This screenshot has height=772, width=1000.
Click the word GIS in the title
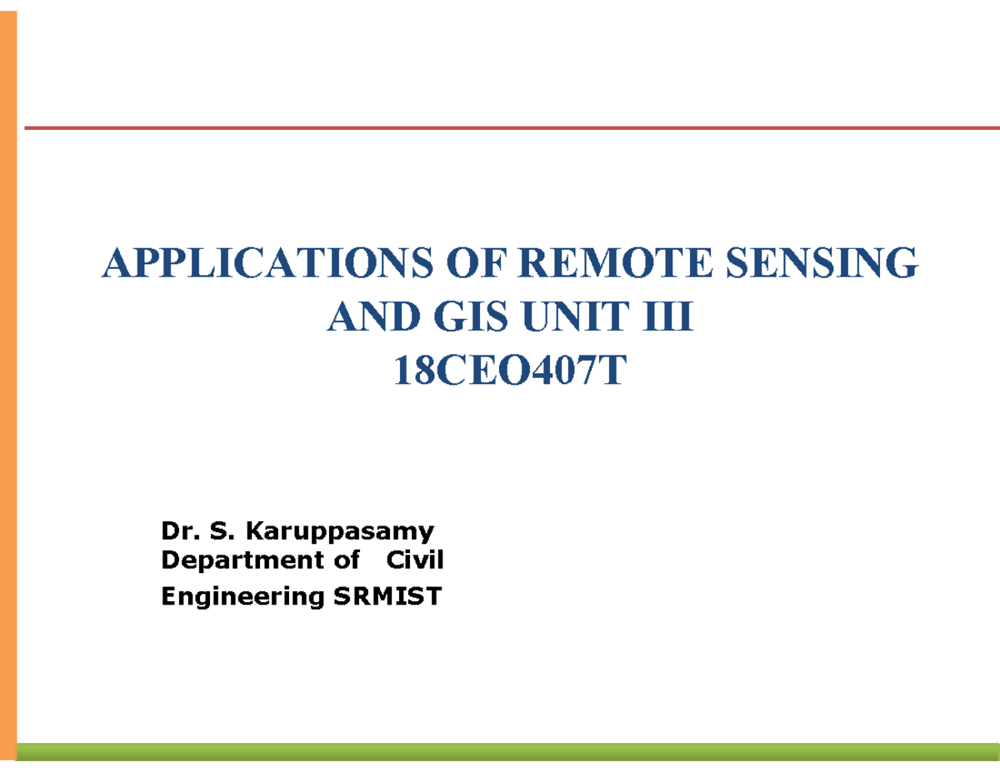pos(462,317)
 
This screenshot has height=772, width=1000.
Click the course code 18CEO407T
pos(508,371)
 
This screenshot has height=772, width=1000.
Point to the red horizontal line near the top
pos(512,128)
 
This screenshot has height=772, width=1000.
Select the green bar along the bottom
pos(508,751)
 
